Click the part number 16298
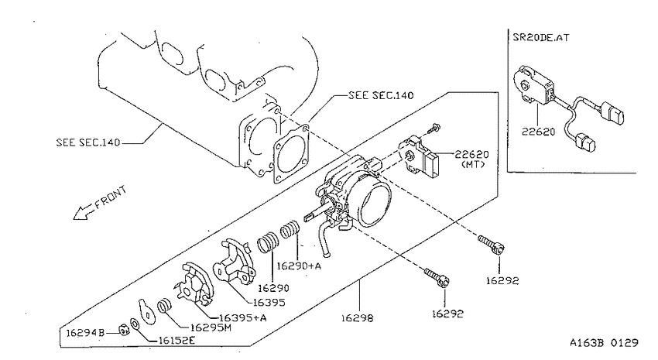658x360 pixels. pos(357,318)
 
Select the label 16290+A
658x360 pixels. pos(299,266)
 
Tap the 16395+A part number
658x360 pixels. pos(243,317)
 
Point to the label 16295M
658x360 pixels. pos(211,327)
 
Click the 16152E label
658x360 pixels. pos(176,341)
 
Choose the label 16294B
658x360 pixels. pos(85,333)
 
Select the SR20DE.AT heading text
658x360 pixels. pos(541,37)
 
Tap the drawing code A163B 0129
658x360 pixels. pos(604,343)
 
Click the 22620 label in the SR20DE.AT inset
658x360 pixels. pos(539,132)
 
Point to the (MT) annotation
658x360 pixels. pos(473,164)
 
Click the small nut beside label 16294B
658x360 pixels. pos(123,331)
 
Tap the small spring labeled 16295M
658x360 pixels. pos(165,307)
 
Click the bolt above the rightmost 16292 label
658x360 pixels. pos(491,244)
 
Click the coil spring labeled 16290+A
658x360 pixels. pos(290,229)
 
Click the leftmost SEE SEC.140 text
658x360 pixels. pos(88,142)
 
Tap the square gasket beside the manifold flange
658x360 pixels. pos(292,154)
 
